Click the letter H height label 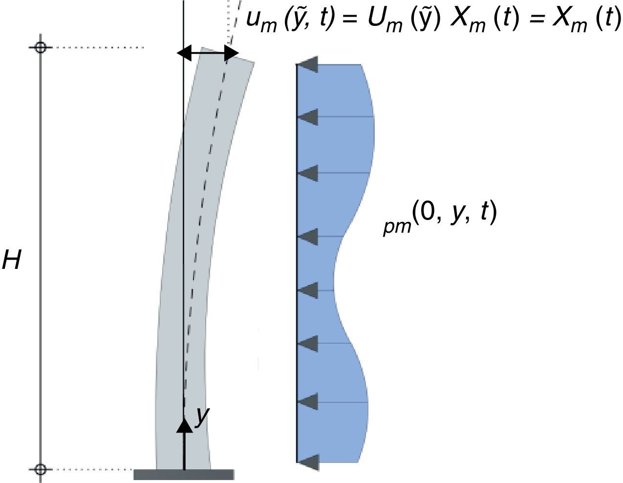pos(12,261)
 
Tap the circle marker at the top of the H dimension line pos(41,47)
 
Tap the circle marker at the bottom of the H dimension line pos(41,469)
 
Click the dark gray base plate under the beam pos(184,474)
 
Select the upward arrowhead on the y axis pos(184,425)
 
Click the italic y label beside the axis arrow pos(202,416)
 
